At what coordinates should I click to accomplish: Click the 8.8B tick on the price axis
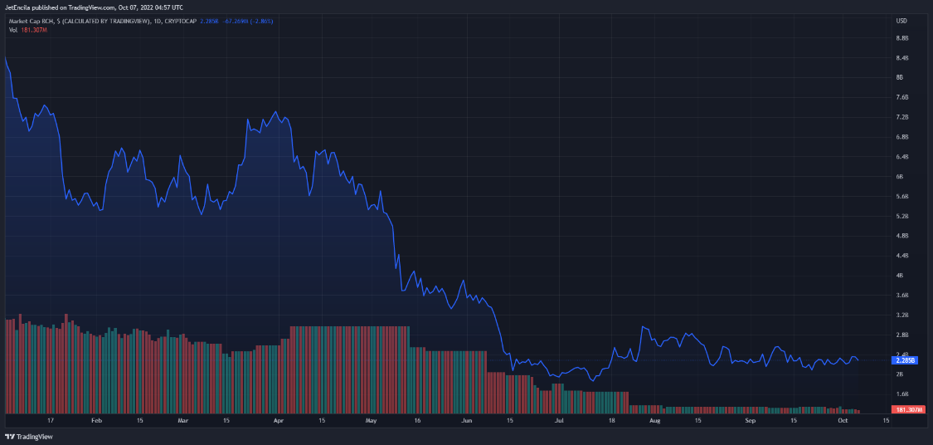(902, 38)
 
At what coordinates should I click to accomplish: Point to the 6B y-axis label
(901, 177)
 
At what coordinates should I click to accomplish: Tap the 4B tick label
(901, 276)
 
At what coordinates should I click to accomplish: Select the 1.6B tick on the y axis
(902, 394)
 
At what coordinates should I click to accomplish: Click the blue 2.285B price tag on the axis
(903, 360)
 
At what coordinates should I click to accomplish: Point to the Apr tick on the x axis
(279, 421)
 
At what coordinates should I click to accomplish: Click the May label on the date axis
(371, 421)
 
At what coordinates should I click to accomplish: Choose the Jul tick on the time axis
(560, 421)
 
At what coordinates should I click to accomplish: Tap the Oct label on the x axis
(843, 421)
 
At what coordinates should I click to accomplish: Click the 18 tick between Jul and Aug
(612, 421)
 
